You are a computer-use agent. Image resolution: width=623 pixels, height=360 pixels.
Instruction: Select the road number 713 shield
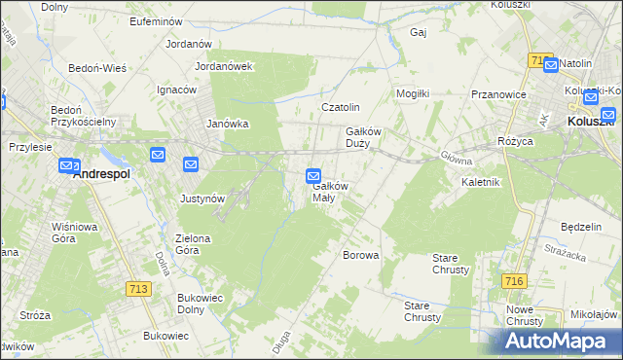[x=138, y=289]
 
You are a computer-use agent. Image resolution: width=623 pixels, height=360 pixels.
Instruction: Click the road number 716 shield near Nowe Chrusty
[x=515, y=281]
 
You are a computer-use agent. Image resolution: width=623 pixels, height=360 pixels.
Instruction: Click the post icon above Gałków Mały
[x=313, y=176]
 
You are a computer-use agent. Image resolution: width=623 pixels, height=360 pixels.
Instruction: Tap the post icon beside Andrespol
[x=68, y=166]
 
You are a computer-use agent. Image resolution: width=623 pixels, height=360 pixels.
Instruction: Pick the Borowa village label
[x=360, y=255]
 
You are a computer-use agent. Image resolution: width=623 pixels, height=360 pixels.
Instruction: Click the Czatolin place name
[x=342, y=107]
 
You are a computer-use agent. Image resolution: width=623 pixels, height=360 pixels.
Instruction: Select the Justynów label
[x=202, y=198]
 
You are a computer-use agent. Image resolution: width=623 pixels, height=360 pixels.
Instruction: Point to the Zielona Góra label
[x=200, y=243]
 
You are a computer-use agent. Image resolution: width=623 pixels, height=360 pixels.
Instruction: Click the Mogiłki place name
[x=413, y=93]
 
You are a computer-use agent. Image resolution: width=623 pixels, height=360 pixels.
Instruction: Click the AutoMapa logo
[x=560, y=341]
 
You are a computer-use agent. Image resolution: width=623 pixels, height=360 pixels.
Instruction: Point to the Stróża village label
[x=35, y=315]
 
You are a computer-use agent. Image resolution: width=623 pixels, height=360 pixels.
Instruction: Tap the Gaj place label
[x=420, y=32]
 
